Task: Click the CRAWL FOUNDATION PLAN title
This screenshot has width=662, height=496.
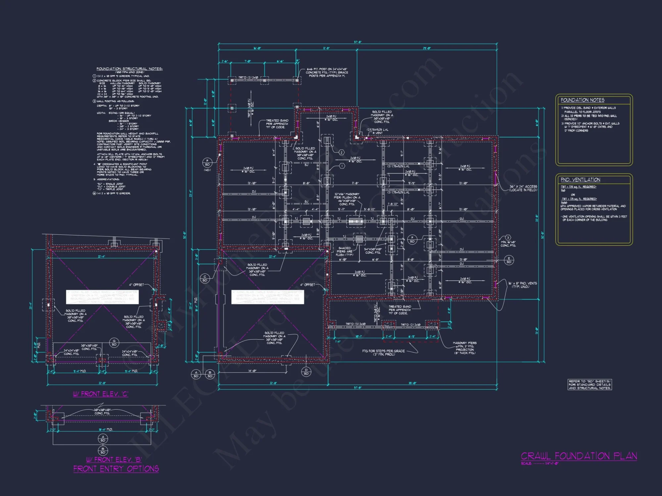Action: [x=579, y=456]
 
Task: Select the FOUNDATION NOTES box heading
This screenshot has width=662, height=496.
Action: [x=582, y=100]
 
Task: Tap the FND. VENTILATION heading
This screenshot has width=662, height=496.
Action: [x=580, y=180]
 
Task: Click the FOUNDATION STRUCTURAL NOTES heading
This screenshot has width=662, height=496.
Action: [x=129, y=69]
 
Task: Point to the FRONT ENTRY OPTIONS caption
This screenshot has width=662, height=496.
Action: [x=116, y=469]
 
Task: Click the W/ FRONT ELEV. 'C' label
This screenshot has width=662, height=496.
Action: [x=101, y=394]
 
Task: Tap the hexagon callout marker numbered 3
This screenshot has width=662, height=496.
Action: [x=508, y=238]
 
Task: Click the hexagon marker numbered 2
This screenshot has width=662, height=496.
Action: [x=341, y=152]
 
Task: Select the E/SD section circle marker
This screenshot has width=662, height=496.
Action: [x=509, y=260]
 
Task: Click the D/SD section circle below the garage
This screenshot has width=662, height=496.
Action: [x=306, y=372]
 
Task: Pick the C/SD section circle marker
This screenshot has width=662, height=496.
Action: [x=205, y=278]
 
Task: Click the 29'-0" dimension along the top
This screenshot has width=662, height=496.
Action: [x=427, y=48]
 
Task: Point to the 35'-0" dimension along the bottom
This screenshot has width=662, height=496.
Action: [x=412, y=383]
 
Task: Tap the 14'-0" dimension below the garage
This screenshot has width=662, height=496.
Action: [x=252, y=371]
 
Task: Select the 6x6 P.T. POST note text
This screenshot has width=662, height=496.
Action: [x=327, y=72]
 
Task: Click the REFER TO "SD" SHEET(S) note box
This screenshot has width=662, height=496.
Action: [x=590, y=385]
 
